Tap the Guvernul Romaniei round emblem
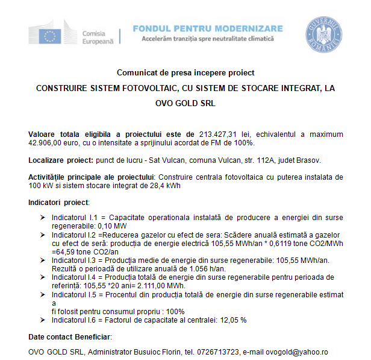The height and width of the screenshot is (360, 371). [x=324, y=34]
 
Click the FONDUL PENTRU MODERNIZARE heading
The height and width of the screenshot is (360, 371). [x=207, y=29]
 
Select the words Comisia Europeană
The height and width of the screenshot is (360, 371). [x=98, y=36]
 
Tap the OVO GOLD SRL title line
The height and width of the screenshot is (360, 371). [x=185, y=103]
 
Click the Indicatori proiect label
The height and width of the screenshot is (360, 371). [x=58, y=203]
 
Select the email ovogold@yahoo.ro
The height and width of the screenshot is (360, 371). [x=298, y=352]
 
